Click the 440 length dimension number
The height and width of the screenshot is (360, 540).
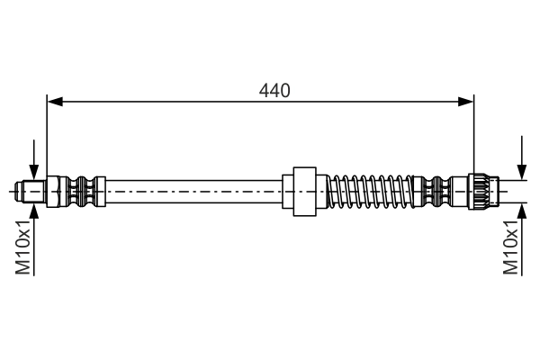[x=274, y=90]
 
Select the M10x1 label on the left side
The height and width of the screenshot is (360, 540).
[x=24, y=247]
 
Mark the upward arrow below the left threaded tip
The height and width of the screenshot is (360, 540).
[x=33, y=212]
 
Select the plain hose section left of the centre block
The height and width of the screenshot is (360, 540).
[x=193, y=191]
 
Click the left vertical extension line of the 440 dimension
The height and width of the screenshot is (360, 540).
[x=47, y=135]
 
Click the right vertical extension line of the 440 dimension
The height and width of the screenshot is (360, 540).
[x=473, y=135]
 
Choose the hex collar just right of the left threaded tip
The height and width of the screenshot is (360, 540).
[x=53, y=191]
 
